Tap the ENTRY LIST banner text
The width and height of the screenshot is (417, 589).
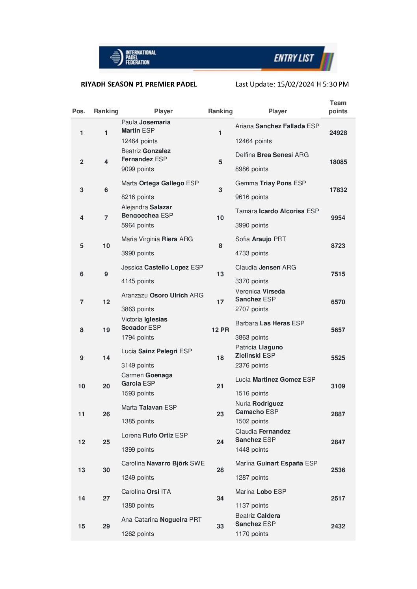[294, 58]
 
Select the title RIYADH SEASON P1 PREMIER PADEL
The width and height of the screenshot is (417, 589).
[139, 84]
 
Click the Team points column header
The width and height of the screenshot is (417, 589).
[338, 107]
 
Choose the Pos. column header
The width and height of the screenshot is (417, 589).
[78, 111]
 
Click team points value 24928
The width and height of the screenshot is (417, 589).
[338, 133]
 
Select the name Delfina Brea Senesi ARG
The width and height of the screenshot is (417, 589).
[272, 155]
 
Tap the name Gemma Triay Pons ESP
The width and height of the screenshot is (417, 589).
[270, 183]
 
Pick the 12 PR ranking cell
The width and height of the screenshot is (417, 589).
[220, 330]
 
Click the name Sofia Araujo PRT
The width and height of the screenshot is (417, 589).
[261, 239]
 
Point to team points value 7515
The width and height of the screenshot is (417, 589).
[338, 274]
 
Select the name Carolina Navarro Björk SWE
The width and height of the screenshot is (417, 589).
[163, 463]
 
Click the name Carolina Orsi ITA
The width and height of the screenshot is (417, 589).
[146, 492]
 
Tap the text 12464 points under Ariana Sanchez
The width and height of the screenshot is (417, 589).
[253, 141]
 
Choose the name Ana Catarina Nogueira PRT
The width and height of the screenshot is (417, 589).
[161, 520]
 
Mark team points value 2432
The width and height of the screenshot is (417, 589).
[338, 526]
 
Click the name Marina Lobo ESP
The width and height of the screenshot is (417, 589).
[261, 492]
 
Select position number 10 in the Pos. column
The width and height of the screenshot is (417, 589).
[82, 386]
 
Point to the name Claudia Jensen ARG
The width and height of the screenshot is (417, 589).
[266, 268]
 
